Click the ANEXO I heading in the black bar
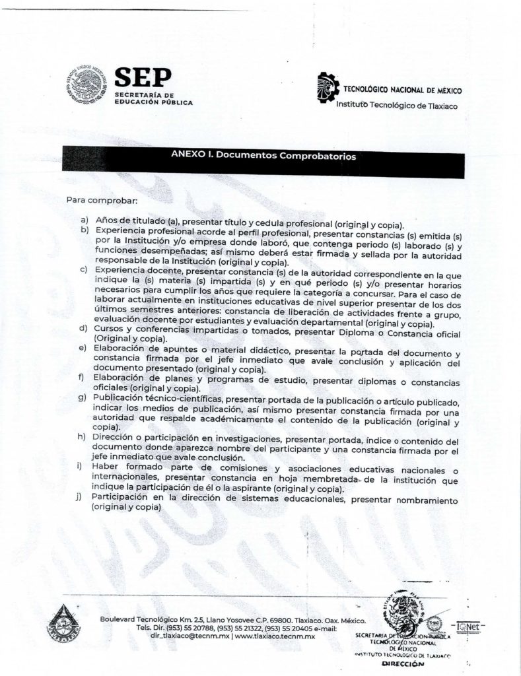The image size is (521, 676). coord(263,157)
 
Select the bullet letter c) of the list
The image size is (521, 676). coord(84,270)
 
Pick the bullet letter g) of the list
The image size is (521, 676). coord(84,399)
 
